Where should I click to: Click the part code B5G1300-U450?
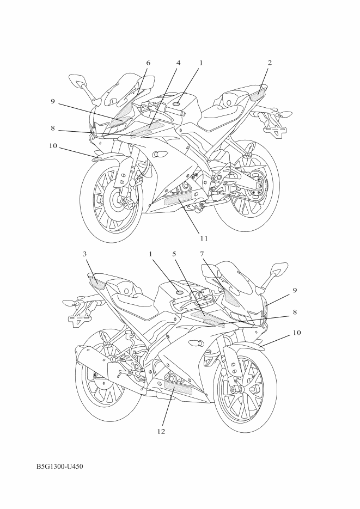pos(60,467)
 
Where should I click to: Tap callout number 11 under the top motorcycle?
pos(204,238)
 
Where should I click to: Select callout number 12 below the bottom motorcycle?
pos(161,431)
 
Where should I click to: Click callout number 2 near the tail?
pos(270,63)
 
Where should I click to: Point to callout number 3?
pos(85,254)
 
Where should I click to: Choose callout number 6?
pos(148,63)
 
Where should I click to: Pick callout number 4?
pos(178,63)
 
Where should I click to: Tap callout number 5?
pos(174,254)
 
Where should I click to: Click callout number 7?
pos(202,254)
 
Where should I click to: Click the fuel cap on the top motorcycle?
pos(176,104)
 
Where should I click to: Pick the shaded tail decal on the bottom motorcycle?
pos(96,281)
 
